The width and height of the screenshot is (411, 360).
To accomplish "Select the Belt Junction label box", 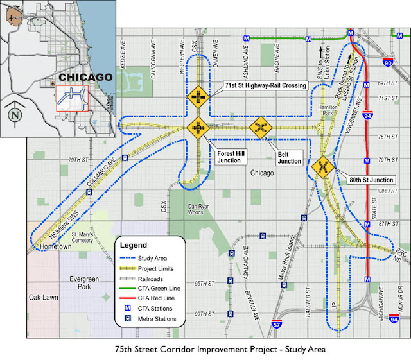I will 289,157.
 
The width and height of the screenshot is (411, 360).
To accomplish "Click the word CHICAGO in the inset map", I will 85,78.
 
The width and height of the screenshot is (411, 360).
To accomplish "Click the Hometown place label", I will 54,246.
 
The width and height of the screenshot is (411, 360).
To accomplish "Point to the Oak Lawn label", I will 42,297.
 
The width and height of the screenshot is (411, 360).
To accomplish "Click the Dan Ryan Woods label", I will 204,209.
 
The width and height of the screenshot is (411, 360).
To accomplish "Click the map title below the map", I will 205,350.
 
